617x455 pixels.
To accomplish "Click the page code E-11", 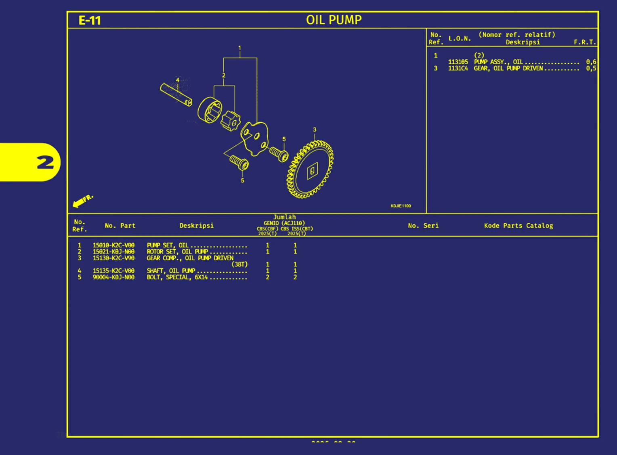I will (x=90, y=20).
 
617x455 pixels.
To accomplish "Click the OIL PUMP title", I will (x=334, y=20).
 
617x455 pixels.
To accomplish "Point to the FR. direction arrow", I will (x=82, y=201).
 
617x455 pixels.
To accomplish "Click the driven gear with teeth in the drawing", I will (x=310, y=170).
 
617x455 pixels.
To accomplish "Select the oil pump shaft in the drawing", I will (x=176, y=94).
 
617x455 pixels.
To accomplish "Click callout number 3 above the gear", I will (x=315, y=130).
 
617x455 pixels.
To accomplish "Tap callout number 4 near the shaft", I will (x=177, y=80).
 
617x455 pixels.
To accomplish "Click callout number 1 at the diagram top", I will (x=239, y=48).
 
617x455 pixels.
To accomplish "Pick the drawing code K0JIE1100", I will (x=401, y=206).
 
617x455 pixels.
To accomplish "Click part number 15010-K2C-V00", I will (x=113, y=245).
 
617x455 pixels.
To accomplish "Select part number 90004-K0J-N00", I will (x=113, y=277).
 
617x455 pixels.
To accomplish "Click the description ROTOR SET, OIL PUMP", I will (x=177, y=252).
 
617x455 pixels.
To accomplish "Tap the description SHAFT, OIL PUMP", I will (x=171, y=271).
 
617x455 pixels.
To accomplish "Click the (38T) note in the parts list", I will (x=239, y=264).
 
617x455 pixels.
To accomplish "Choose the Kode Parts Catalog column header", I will (x=518, y=226).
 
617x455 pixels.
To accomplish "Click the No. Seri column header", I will (x=423, y=226).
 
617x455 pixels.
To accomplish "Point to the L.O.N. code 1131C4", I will (x=458, y=69).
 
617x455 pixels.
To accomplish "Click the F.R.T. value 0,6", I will (x=591, y=62).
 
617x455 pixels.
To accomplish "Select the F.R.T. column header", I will (x=584, y=42).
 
